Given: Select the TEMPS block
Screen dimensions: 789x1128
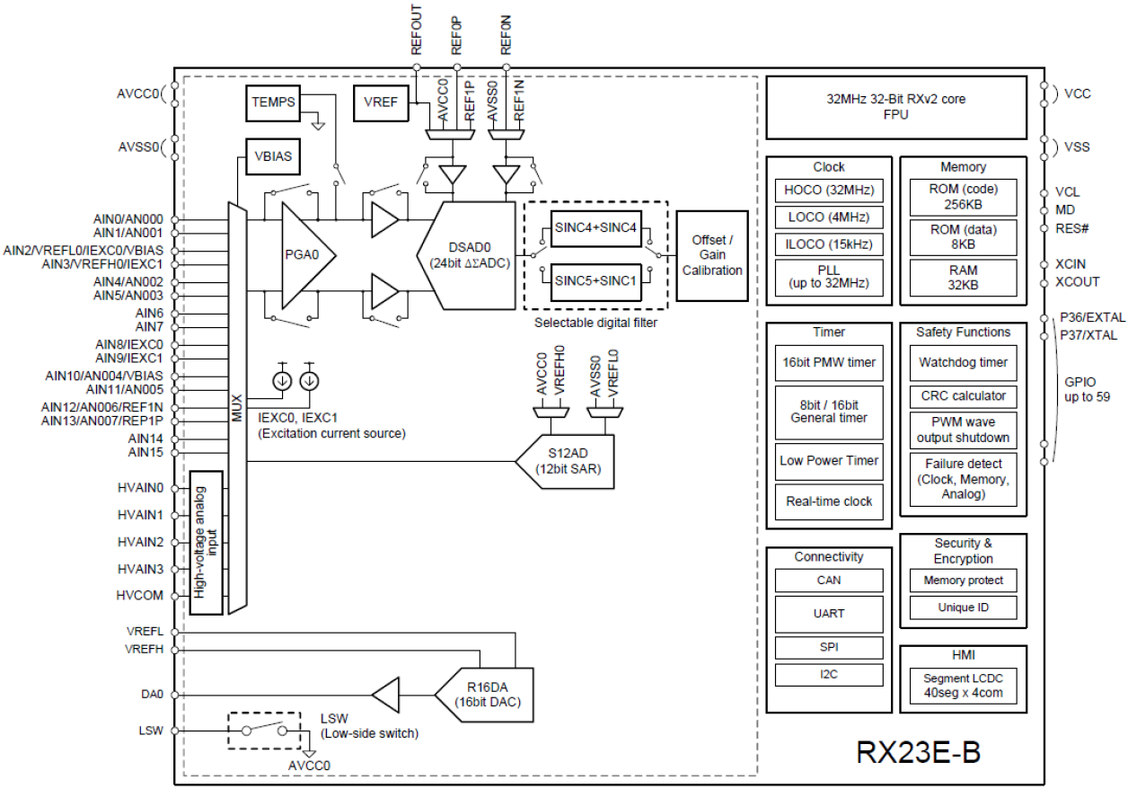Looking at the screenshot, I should tap(274, 102).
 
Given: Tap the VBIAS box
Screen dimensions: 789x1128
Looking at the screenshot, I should tap(274, 156).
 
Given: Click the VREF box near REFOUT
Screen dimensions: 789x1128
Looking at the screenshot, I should tap(381, 102).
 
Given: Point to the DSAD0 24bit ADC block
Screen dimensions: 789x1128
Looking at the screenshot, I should tap(471, 255).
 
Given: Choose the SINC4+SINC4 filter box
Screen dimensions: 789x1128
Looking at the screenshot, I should tap(595, 227).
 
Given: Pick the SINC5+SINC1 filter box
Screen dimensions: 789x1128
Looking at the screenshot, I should tap(595, 279).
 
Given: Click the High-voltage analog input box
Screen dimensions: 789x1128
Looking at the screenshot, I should tap(206, 542).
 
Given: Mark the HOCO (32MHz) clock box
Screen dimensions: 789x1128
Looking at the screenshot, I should tap(828, 191).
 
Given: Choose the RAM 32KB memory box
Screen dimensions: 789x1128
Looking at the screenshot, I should tap(963, 278).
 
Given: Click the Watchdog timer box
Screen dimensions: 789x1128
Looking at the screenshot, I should tap(963, 363).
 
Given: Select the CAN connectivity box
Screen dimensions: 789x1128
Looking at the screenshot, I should tap(828, 581).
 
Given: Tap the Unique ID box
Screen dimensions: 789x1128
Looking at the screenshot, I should tap(963, 608).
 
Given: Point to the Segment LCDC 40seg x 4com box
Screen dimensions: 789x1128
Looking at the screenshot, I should tap(963, 686).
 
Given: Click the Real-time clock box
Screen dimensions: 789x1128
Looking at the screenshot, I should tap(828, 501).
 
